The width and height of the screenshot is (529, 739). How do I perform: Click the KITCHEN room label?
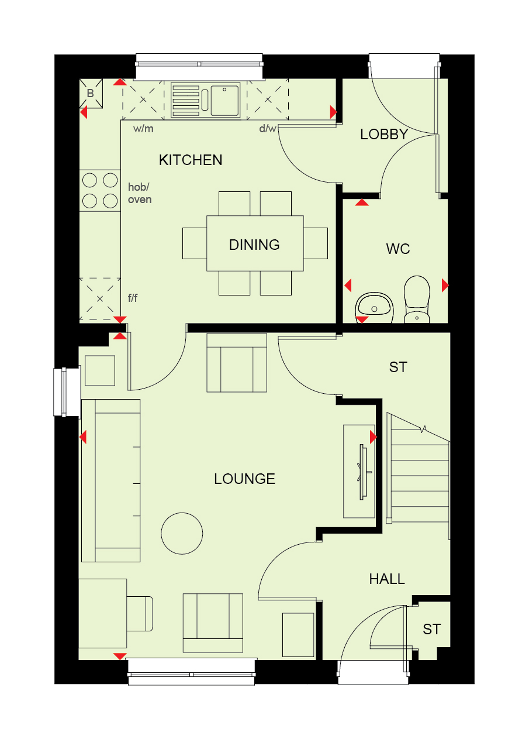(190, 160)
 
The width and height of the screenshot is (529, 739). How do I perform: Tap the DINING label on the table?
(254, 245)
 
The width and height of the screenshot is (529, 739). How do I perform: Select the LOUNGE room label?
(244, 479)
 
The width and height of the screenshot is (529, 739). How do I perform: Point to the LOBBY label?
(384, 134)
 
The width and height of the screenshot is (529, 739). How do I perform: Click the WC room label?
(398, 249)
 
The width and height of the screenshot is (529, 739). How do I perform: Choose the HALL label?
(386, 579)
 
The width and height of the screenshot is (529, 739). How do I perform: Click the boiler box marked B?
(91, 94)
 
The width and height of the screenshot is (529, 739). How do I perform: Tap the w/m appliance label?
(143, 129)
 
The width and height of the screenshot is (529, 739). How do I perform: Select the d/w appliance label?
(267, 128)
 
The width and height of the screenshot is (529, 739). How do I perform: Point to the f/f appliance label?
(133, 298)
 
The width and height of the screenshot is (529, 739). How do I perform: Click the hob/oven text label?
(140, 193)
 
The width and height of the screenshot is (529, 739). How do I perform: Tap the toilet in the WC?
(417, 299)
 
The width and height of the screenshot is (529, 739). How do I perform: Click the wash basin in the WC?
(374, 307)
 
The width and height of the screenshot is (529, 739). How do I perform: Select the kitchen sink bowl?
(225, 101)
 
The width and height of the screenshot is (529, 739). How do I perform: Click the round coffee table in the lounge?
(182, 534)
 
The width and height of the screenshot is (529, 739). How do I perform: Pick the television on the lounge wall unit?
(363, 472)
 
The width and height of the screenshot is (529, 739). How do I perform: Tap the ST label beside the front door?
(431, 629)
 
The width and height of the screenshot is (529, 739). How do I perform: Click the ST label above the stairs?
(398, 367)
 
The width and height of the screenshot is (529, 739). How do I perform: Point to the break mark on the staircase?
(424, 429)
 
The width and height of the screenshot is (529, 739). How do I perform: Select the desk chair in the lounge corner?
(140, 614)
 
